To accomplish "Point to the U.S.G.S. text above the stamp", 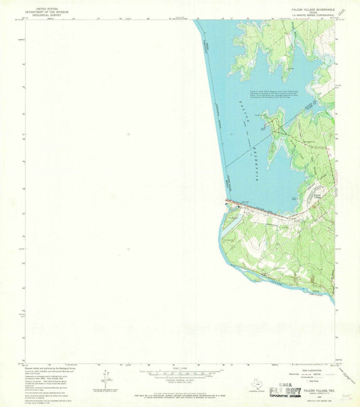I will (x=283, y=382).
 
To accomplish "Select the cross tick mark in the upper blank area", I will (x=128, y=134).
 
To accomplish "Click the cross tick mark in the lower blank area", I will (x=128, y=248).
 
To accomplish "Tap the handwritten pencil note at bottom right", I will (x=347, y=399).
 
